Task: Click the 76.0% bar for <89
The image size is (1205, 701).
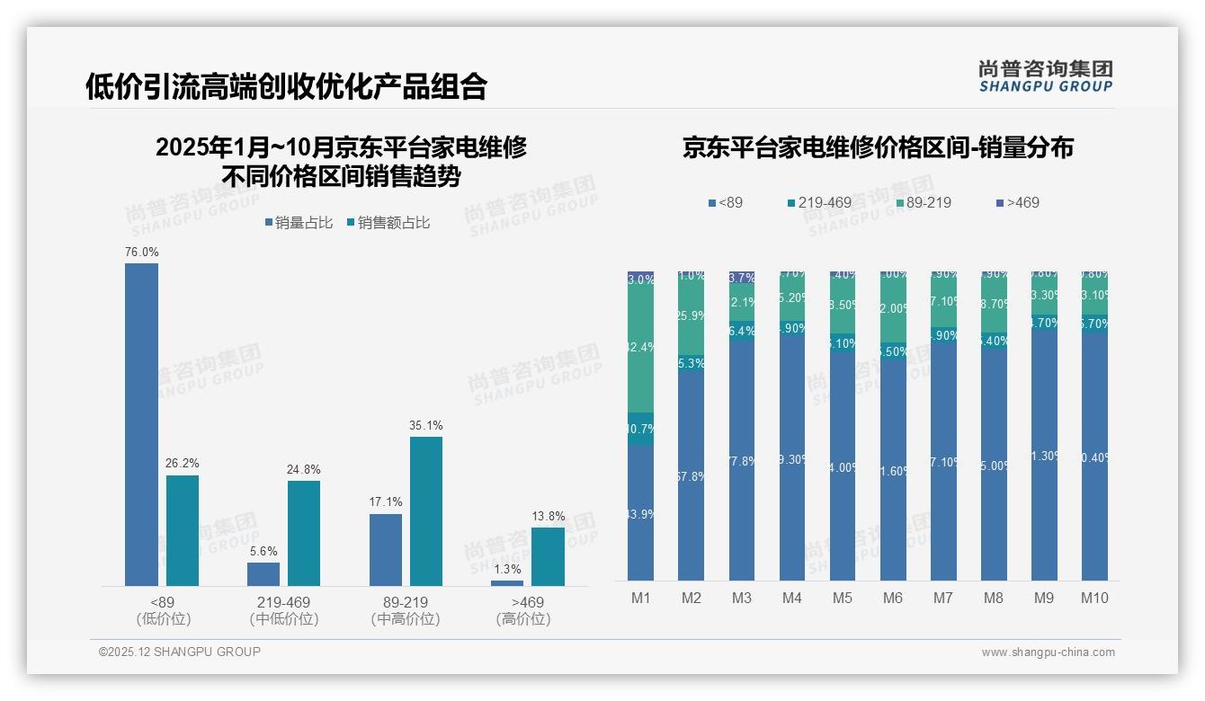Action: point(141,424)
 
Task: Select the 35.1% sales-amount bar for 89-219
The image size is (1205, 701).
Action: point(426,510)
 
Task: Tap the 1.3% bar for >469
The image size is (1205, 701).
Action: point(507,583)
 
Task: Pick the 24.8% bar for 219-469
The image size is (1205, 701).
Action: point(304,533)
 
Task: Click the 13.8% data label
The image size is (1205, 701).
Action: point(549,516)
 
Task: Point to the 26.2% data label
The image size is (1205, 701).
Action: point(182,463)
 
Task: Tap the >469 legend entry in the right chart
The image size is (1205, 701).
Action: point(1016,203)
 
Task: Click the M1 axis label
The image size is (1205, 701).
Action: point(640,598)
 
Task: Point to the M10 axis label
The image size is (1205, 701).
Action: point(1094,598)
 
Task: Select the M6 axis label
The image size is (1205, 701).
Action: point(893,598)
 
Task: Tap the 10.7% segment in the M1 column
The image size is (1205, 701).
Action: point(640,429)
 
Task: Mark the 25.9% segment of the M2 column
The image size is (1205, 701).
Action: point(691,316)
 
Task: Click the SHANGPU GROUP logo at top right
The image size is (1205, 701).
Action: point(1045,76)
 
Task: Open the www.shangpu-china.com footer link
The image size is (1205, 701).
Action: point(1048,652)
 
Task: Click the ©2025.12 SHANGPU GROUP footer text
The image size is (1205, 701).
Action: point(180,652)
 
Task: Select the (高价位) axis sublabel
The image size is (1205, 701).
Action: point(523,619)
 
